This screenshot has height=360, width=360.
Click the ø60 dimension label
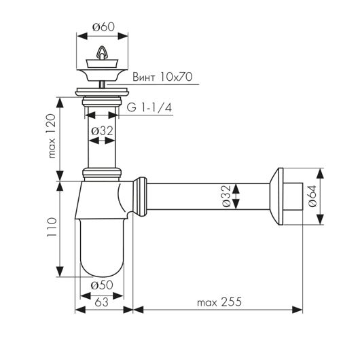point(103,27)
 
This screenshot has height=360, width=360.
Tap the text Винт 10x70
point(162,77)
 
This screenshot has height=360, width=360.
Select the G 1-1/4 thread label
point(149,107)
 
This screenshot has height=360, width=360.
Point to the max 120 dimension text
point(52,136)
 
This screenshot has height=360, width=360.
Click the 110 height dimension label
point(52,228)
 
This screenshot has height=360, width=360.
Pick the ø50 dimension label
point(102,285)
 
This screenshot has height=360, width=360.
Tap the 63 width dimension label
point(101,302)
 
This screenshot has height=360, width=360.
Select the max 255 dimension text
point(219,302)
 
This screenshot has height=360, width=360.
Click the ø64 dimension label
point(312,196)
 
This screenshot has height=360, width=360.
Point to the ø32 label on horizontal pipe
point(226,196)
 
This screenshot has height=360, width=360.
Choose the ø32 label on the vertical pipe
point(102,131)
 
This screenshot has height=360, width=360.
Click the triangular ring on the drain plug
point(102,52)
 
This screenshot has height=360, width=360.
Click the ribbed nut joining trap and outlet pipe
point(140,197)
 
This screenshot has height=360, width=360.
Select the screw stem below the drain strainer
point(102,84)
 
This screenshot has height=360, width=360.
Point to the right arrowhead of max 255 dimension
point(297,310)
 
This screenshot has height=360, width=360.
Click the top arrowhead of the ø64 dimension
point(320,173)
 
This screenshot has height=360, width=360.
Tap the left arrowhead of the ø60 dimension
point(82,36)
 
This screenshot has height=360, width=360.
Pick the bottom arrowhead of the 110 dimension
point(60,272)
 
